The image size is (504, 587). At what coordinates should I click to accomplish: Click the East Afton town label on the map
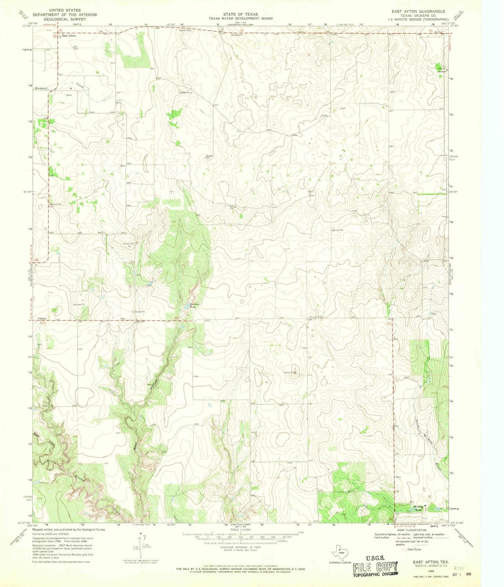[x=69, y=36]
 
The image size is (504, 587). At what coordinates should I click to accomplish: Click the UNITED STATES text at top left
[x=65, y=10]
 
